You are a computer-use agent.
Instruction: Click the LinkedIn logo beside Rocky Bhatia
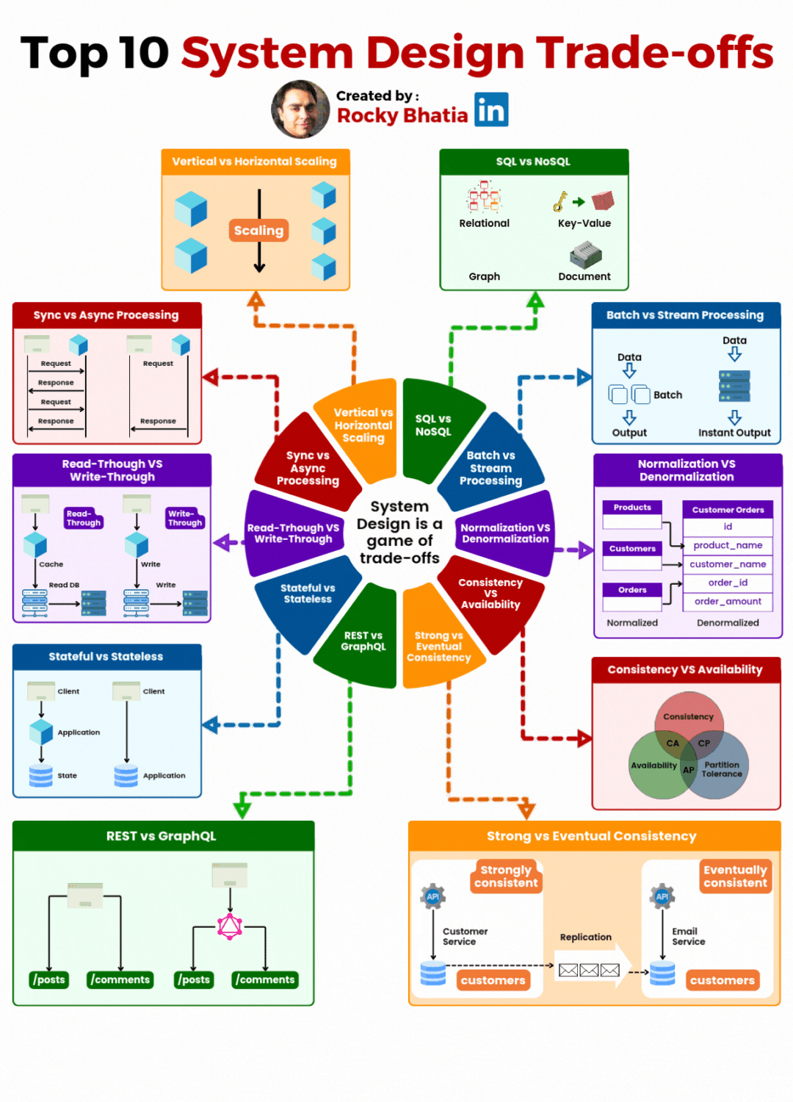tap(491, 110)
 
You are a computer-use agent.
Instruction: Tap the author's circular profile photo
tap(300, 109)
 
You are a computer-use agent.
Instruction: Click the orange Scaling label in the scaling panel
tap(258, 231)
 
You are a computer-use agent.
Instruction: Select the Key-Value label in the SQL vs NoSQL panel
tap(584, 223)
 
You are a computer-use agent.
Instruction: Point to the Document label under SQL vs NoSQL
tap(584, 277)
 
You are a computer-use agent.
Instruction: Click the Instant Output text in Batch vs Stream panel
tap(734, 433)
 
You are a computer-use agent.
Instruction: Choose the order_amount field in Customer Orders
tap(728, 601)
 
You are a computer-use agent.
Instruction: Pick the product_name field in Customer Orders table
tap(728, 545)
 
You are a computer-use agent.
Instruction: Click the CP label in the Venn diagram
tap(703, 743)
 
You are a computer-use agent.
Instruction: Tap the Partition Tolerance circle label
tap(722, 769)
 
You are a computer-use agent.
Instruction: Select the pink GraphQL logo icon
tap(230, 926)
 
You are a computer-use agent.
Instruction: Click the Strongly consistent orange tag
tap(506, 876)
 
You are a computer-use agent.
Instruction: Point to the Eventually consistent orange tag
tap(735, 876)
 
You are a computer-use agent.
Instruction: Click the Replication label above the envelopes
tap(585, 937)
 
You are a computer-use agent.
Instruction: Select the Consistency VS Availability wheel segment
tap(490, 594)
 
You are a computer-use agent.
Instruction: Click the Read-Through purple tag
tap(84, 519)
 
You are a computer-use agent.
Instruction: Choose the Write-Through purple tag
tap(184, 519)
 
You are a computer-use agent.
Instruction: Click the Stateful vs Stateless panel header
tap(106, 657)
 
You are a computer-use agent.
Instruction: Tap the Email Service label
tap(688, 937)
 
